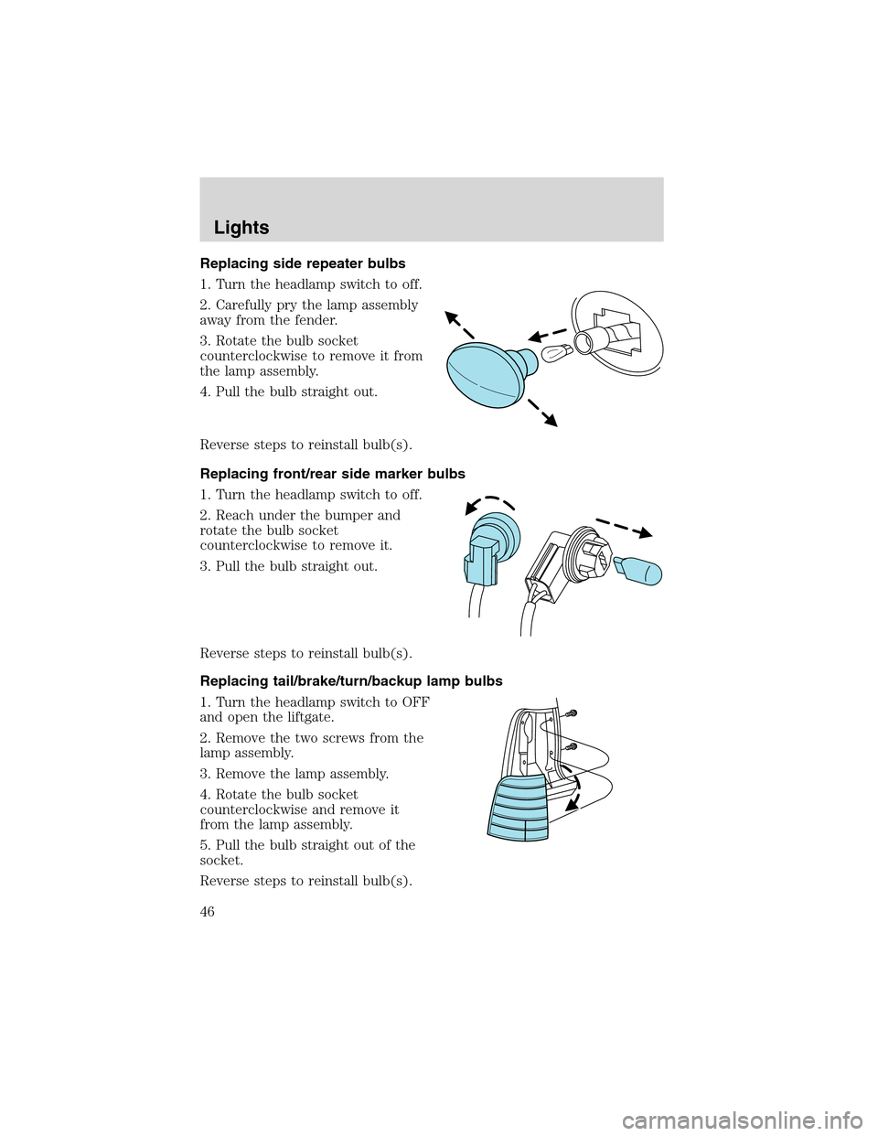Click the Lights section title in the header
(241, 228)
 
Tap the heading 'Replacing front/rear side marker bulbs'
(332, 474)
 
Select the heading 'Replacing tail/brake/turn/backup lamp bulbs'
(351, 681)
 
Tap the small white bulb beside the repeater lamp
(557, 353)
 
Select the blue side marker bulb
(637, 572)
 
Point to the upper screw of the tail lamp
(573, 712)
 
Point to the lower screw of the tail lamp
(573, 746)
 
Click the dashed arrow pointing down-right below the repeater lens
(542, 413)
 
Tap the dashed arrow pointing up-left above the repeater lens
(460, 325)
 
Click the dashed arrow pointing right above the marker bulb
(624, 527)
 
